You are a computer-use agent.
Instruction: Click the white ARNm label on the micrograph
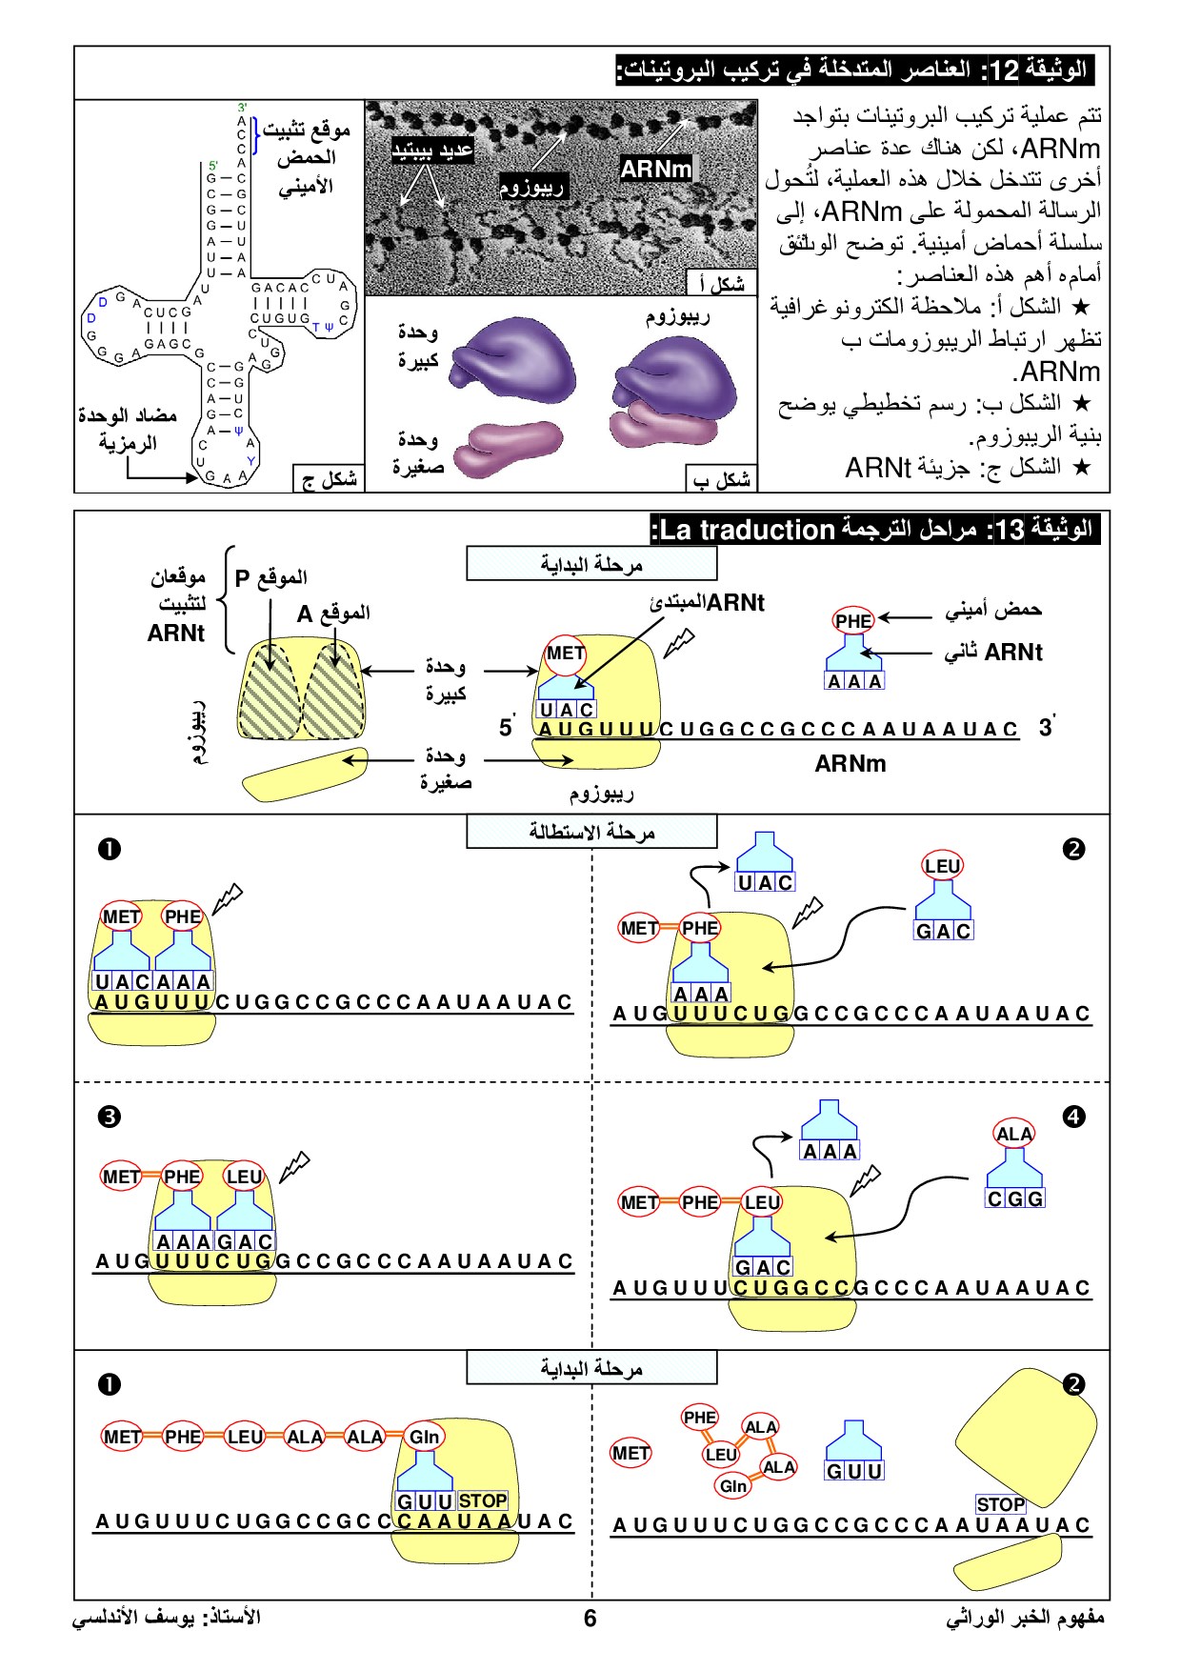coord(655,169)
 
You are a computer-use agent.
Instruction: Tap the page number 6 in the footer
coord(590,1618)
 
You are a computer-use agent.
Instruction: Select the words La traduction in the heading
coord(748,530)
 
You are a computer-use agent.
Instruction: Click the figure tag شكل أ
coord(721,283)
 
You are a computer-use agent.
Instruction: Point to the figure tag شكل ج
coord(329,479)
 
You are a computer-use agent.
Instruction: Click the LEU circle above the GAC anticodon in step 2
coord(942,866)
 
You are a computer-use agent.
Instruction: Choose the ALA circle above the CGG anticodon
coord(1013,1134)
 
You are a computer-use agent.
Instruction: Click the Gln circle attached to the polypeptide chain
coord(424,1437)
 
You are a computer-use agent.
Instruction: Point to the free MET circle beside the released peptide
coord(631,1453)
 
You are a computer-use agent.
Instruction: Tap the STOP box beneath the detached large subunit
coord(1000,1504)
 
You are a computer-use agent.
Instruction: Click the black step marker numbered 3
coord(110,1117)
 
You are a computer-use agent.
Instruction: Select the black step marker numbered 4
coord(1073,1117)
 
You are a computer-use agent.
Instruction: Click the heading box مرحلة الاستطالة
coord(591,833)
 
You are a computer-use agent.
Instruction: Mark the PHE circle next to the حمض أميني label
coord(852,621)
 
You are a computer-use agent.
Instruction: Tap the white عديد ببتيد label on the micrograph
coord(432,151)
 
